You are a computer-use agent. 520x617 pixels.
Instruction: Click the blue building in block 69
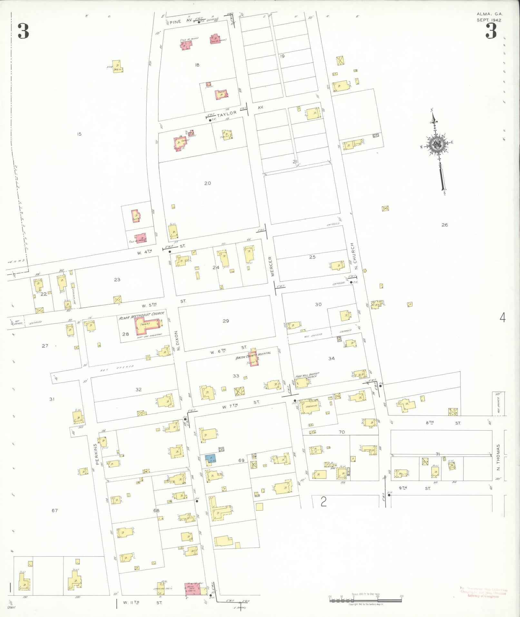pos(211,458)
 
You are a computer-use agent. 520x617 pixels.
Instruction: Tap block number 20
pos(208,183)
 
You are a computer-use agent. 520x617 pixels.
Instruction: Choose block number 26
pos(445,225)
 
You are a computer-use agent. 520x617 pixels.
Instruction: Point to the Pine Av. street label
pos(181,20)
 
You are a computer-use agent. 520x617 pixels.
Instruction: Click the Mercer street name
pos(271,266)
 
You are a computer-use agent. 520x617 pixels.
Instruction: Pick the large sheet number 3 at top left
pos(23,31)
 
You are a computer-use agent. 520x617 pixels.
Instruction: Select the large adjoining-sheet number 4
pos(503,318)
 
